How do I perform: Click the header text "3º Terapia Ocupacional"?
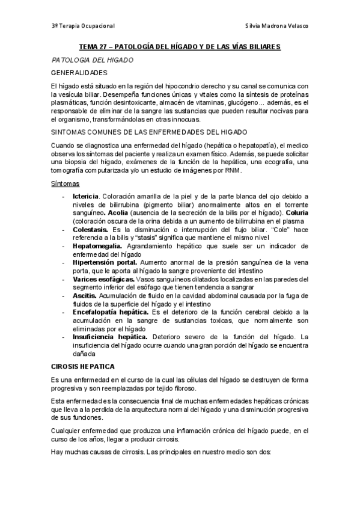[x=83, y=26]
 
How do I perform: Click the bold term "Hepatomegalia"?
[x=97, y=246]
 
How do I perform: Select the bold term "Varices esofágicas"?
[x=103, y=279]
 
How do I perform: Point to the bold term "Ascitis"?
[x=84, y=295]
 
